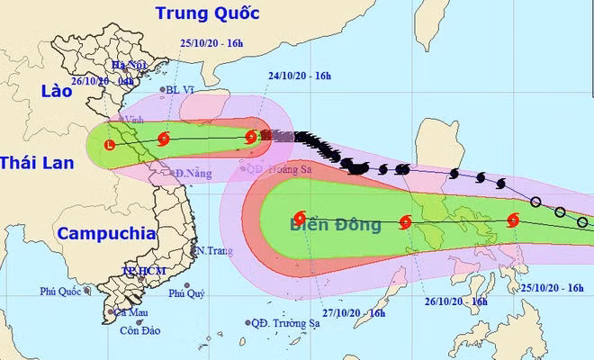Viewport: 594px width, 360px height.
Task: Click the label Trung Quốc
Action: point(207,13)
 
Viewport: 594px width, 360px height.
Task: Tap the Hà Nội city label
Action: point(129,66)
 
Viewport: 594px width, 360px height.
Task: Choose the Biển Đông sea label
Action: point(335,224)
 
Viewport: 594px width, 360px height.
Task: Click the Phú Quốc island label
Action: point(61,292)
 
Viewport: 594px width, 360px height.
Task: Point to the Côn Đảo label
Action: point(143,331)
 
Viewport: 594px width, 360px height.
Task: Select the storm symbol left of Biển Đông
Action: point(299,217)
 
